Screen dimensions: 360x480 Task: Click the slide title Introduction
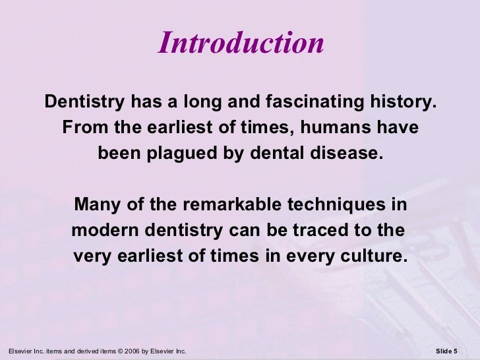tap(241, 44)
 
